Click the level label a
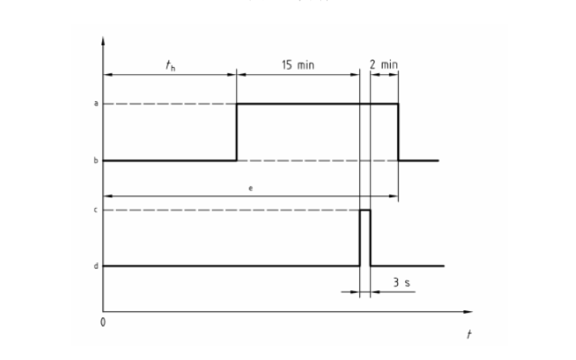pos(95,104)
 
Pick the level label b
pos(95,160)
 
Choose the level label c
pos(95,210)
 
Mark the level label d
pos(95,266)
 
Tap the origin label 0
pos(103,322)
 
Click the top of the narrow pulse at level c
pos(365,210)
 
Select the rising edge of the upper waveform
pos(237,132)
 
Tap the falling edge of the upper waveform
pos(398,132)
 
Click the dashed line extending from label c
pos(230,210)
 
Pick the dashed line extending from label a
pos(169,104)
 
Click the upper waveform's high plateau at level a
pos(317,104)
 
